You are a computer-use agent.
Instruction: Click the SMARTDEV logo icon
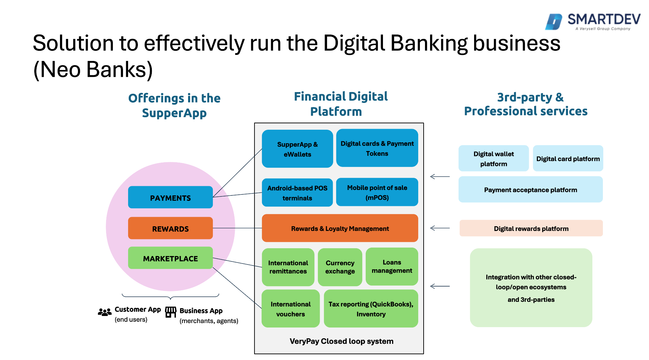(554, 22)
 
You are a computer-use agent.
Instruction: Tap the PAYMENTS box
(170, 197)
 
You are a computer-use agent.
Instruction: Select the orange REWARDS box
(170, 228)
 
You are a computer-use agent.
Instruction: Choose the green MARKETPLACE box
(170, 258)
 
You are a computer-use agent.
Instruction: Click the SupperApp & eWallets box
(297, 149)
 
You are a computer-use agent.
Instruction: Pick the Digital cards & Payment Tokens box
(377, 148)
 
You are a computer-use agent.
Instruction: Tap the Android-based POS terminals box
(297, 193)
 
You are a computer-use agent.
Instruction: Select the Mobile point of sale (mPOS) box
(377, 192)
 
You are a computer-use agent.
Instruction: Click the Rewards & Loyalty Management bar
(340, 228)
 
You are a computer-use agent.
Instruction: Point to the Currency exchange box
(340, 267)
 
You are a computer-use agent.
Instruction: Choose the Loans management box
(392, 267)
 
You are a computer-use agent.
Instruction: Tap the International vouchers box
(290, 309)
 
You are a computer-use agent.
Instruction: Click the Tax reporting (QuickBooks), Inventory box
(371, 309)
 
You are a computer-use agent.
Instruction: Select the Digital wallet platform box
(493, 158)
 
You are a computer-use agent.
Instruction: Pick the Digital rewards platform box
(531, 228)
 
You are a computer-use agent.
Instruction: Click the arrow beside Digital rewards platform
(440, 228)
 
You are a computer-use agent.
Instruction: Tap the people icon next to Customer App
(105, 312)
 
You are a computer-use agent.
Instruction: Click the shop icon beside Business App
(171, 312)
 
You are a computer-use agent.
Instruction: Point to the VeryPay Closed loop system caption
(341, 341)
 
